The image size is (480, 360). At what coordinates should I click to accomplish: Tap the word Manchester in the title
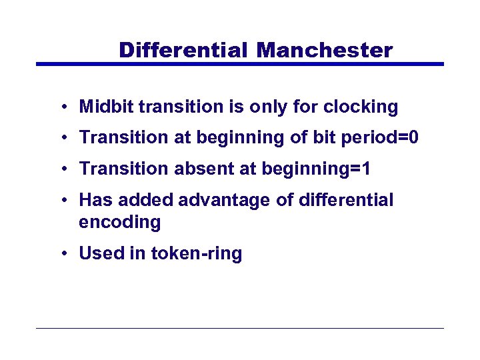[325, 50]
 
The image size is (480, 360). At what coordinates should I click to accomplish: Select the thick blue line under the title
[239, 64]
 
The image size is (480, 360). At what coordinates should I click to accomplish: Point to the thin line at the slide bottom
[239, 328]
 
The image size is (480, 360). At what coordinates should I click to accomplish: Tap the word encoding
[120, 222]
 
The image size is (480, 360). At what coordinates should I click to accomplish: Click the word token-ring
[197, 253]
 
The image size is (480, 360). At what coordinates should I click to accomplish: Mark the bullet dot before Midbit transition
[61, 107]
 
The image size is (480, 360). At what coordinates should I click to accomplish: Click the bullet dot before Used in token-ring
[61, 254]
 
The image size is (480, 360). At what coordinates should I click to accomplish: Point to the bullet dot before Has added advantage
[61, 201]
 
